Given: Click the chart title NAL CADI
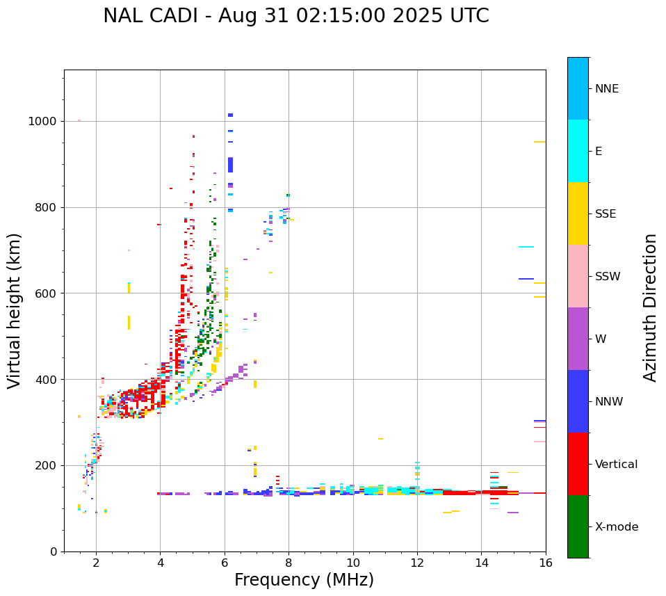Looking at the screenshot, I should (x=295, y=16).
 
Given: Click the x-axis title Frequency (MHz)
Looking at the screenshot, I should (x=304, y=580).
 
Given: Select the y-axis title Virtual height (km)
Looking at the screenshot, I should (x=15, y=310).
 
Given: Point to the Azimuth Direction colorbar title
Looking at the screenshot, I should (x=650, y=307).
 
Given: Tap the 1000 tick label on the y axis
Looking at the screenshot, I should (x=42, y=122).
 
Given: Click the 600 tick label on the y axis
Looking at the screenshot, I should (x=45, y=293).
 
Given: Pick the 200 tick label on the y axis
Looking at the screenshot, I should (x=45, y=465).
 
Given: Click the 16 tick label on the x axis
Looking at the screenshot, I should (x=546, y=563).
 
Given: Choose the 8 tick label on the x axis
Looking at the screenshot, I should (x=289, y=563).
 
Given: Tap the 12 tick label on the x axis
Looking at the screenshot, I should (x=417, y=563).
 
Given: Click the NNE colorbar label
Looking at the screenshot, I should (x=607, y=89).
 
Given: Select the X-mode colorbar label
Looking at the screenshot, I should (x=617, y=527).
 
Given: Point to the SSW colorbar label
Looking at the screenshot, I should (x=608, y=277).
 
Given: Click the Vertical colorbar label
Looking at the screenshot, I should (x=617, y=465).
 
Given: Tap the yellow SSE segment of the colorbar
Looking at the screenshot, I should (x=578, y=214).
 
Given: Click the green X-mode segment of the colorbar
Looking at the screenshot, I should (x=578, y=526).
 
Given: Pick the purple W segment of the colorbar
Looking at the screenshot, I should (x=578, y=339).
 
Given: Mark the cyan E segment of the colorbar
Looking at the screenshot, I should (x=578, y=151).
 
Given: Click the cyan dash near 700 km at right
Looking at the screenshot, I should (x=526, y=247).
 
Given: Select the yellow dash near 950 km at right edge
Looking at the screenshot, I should (x=539, y=142).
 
